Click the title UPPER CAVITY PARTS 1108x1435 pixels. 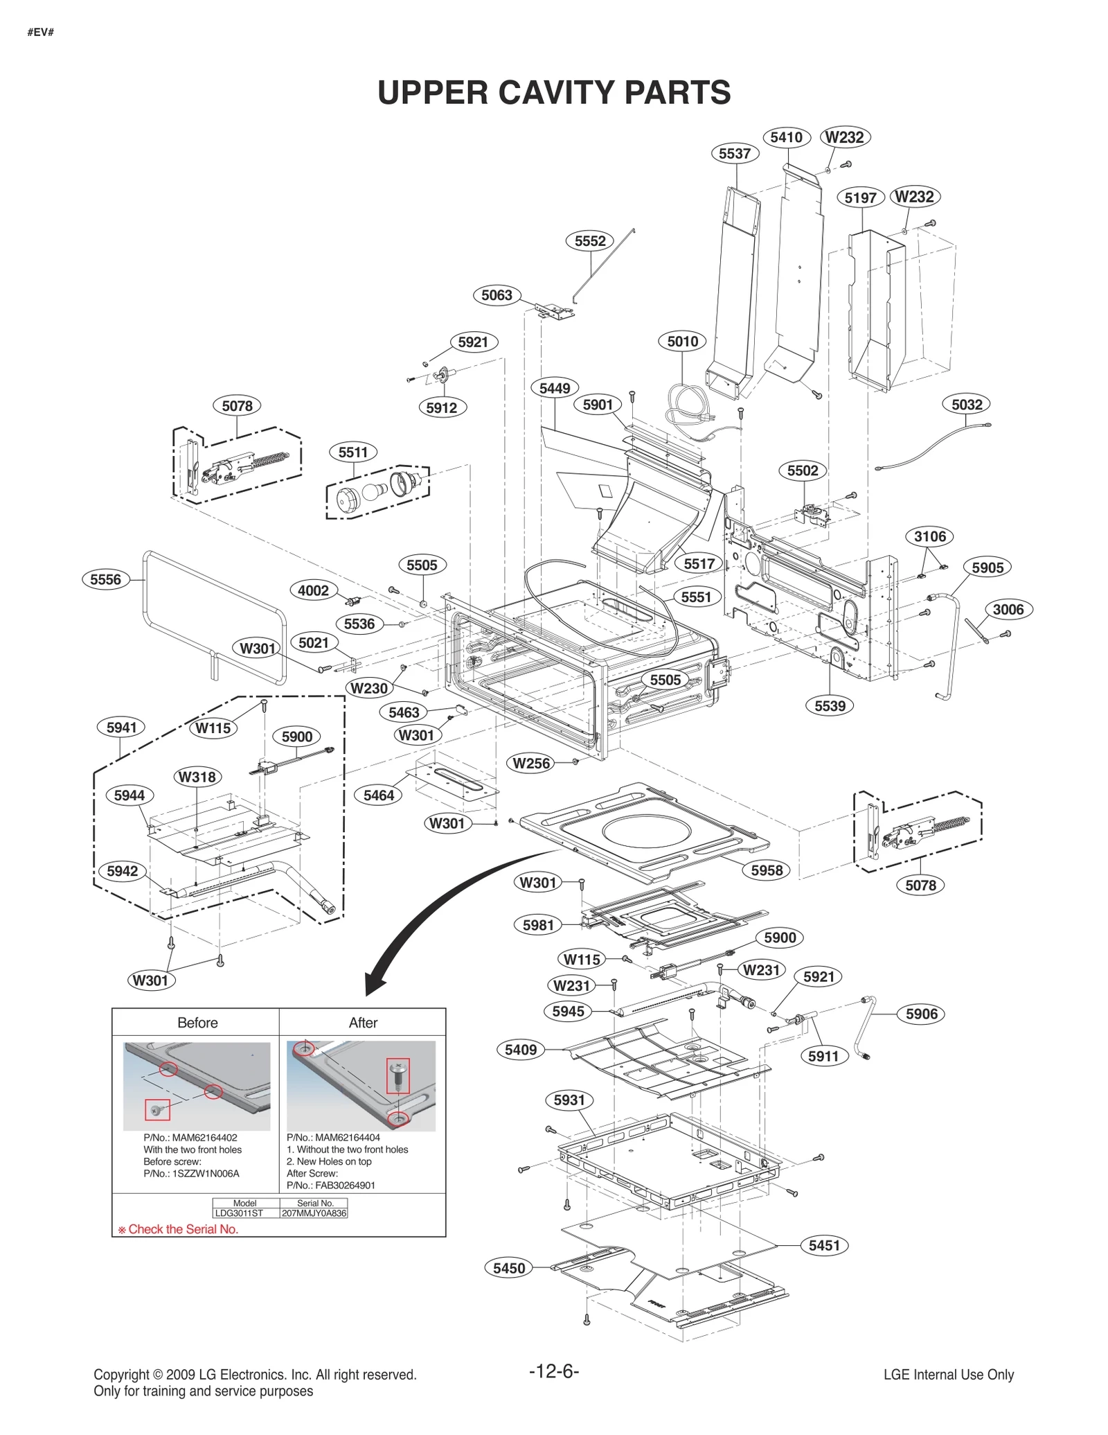(x=553, y=93)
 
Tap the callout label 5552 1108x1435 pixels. (x=590, y=241)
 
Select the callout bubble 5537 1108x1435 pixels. (x=734, y=154)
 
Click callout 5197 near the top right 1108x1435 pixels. (x=860, y=198)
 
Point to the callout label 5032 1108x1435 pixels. (x=966, y=405)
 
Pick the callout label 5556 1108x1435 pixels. (x=105, y=580)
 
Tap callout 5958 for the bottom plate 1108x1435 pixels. (x=766, y=871)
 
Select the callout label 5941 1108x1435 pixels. (x=121, y=728)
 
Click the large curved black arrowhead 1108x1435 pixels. (x=378, y=985)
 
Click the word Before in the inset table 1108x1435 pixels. (x=197, y=1023)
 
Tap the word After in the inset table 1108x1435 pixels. (x=363, y=1023)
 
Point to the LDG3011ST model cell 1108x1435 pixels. (x=239, y=1213)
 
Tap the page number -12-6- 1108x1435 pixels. (x=553, y=1371)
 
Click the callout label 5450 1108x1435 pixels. (x=508, y=1269)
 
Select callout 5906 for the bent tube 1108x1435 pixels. (x=921, y=1014)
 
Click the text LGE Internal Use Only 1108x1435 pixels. (x=948, y=1375)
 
